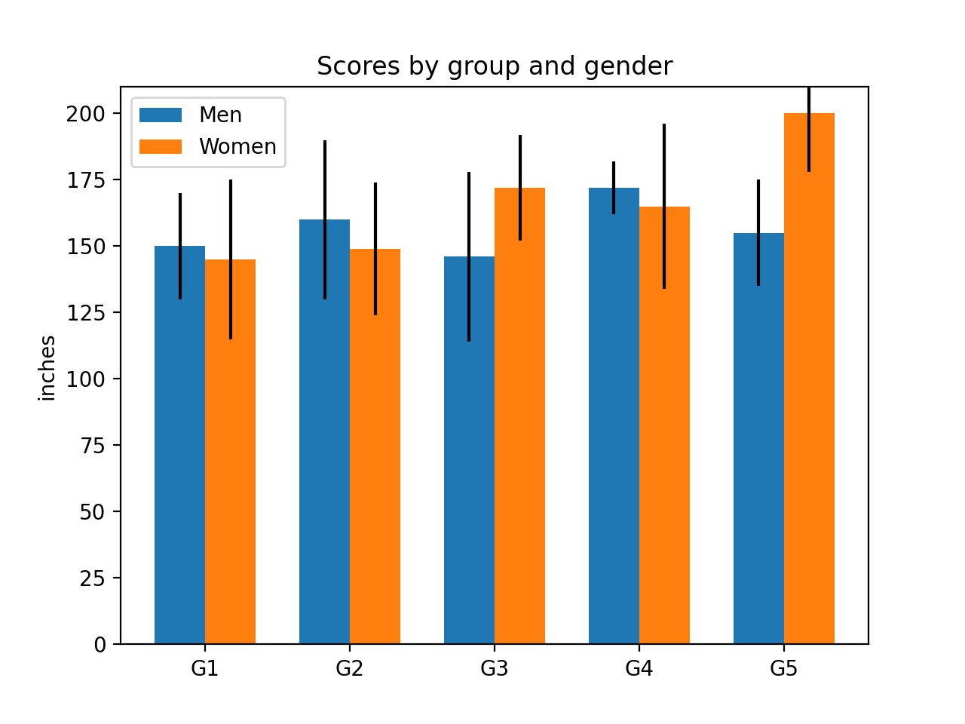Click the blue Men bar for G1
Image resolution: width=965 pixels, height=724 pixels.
(179, 452)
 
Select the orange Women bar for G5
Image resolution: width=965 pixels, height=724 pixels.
(809, 392)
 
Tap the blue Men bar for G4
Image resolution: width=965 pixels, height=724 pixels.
(614, 422)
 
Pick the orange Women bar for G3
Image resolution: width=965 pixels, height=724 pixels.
(519, 422)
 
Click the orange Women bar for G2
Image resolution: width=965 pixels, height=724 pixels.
(375, 452)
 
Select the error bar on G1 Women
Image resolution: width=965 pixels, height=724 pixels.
(231, 226)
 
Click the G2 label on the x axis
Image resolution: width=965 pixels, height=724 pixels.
(350, 669)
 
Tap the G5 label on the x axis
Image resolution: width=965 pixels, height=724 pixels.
(784, 669)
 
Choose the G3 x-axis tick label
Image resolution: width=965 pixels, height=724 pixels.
(495, 669)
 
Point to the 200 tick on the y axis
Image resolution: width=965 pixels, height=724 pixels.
(86, 114)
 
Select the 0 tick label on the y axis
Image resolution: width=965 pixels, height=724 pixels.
(100, 645)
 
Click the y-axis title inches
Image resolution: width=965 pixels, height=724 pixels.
(47, 367)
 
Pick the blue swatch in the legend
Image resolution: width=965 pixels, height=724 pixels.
(161, 115)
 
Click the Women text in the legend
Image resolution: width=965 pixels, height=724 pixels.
(237, 146)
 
